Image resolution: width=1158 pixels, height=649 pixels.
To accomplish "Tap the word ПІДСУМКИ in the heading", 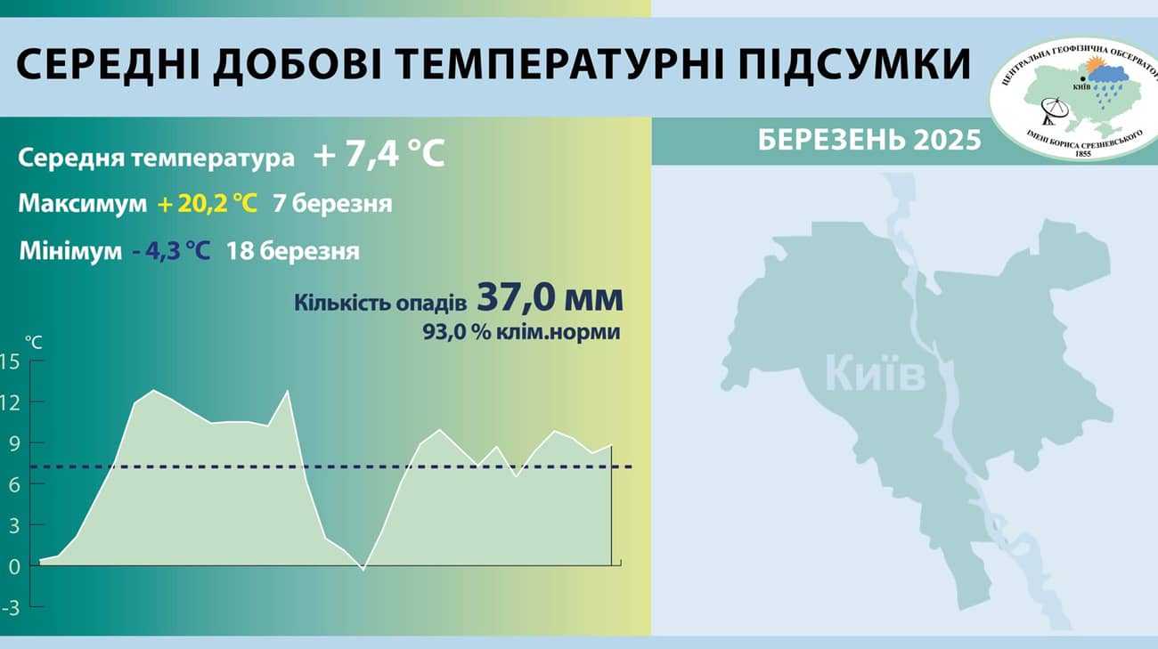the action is pyautogui.click(x=854, y=65).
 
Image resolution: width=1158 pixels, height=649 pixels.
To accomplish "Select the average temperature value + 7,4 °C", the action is pyautogui.click(x=379, y=154).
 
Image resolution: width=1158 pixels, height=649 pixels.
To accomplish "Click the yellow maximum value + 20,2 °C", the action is pyautogui.click(x=208, y=204).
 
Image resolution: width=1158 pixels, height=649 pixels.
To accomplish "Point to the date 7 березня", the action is pyautogui.click(x=332, y=205).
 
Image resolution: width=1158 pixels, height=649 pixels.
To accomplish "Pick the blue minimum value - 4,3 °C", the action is pyautogui.click(x=172, y=252).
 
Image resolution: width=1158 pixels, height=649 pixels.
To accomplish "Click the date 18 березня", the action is pyautogui.click(x=293, y=252).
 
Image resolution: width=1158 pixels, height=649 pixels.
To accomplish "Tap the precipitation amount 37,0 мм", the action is pyautogui.click(x=550, y=298).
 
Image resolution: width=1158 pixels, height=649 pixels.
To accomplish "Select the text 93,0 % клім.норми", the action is pyautogui.click(x=521, y=332).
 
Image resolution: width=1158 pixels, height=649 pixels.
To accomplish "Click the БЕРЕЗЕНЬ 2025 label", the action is pyautogui.click(x=869, y=140).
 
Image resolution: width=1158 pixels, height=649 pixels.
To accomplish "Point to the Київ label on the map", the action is pyautogui.click(x=875, y=372).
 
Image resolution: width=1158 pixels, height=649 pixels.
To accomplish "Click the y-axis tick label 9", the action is pyautogui.click(x=13, y=444).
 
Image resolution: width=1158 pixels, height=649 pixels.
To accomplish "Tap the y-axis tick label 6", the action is pyautogui.click(x=13, y=485).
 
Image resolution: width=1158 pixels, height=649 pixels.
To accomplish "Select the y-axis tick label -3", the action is pyautogui.click(x=11, y=609).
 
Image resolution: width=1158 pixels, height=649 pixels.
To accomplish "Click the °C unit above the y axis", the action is pyautogui.click(x=34, y=342).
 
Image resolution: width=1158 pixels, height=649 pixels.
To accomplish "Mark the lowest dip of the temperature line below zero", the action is pyautogui.click(x=363, y=570).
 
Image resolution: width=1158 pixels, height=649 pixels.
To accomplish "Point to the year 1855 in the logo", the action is pyautogui.click(x=1082, y=153).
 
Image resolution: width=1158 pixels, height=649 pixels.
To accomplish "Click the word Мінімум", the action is pyautogui.click(x=71, y=252).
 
